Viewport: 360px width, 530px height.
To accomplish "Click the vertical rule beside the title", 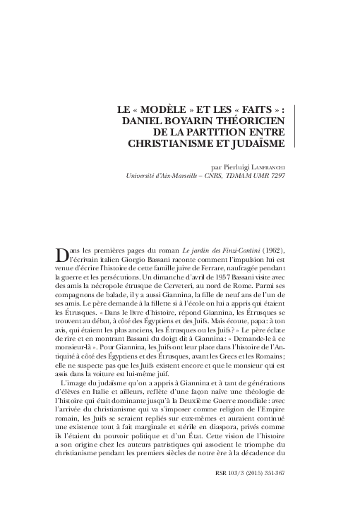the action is coord(294,127).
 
